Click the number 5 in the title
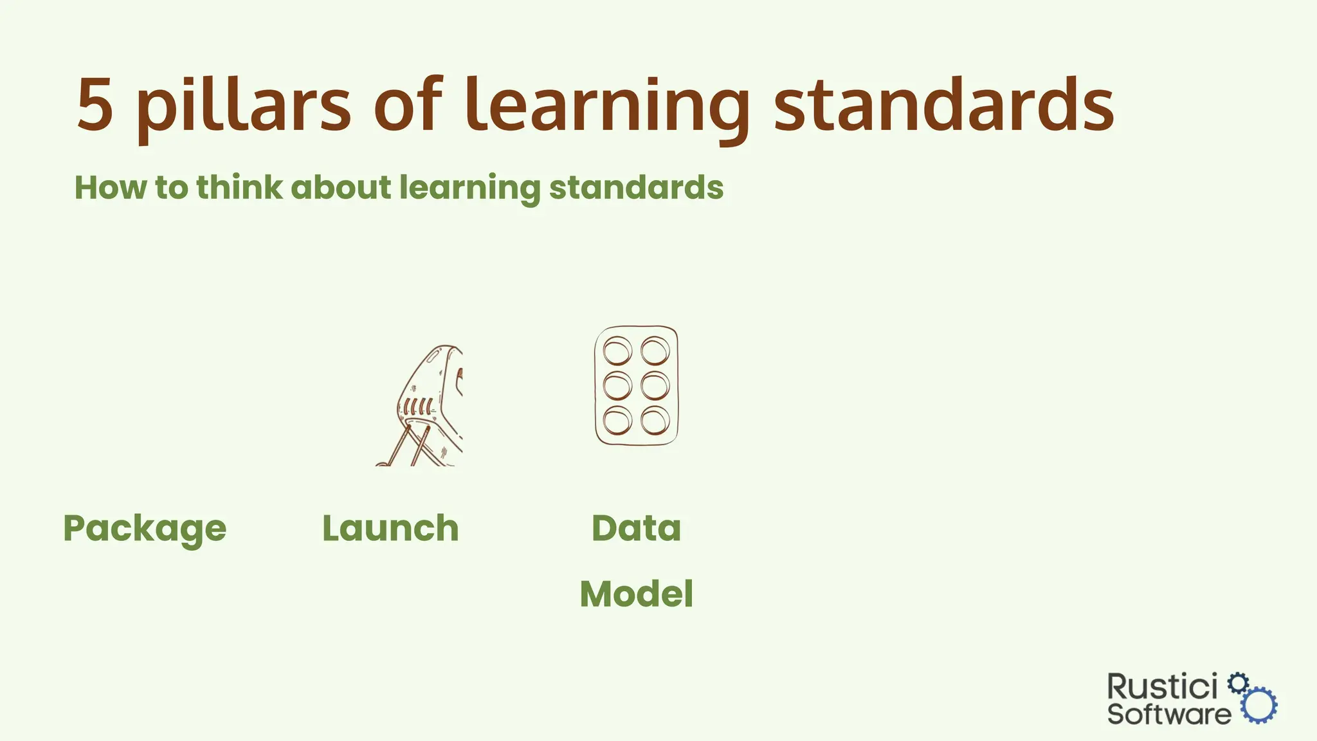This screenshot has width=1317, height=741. point(95,105)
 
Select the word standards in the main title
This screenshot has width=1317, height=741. point(943,105)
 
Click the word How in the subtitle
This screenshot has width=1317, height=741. point(111,188)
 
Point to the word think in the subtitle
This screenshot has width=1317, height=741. point(239,188)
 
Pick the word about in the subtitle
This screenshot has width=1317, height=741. point(341,188)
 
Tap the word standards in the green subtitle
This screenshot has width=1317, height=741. point(636,188)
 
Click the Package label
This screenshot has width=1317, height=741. point(145,529)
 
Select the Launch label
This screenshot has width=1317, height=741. point(390,529)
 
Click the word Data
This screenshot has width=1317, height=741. point(636,529)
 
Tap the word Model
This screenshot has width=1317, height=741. point(636,594)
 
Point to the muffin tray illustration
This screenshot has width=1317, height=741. point(636,385)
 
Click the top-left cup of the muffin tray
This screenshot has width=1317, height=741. point(617,351)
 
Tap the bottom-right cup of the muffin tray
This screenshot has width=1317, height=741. point(655,421)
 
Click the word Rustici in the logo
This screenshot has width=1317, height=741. point(1162,687)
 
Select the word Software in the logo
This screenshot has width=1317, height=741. point(1168,714)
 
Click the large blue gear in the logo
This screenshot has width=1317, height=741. point(1259,705)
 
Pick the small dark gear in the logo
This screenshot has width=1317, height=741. point(1238,682)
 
